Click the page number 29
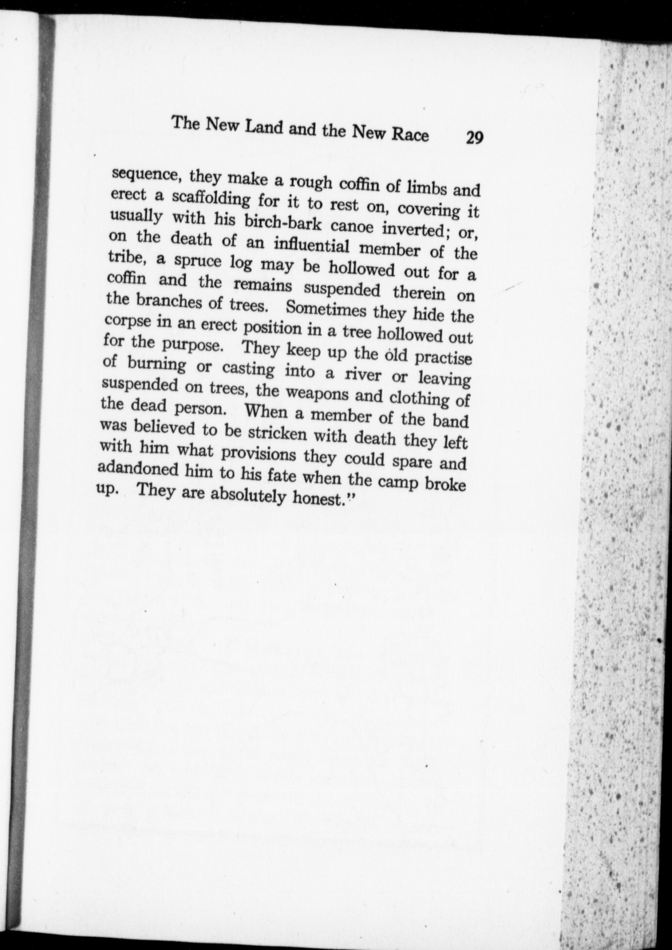[x=474, y=138]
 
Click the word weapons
[x=318, y=393]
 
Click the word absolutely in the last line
[x=250, y=495]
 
